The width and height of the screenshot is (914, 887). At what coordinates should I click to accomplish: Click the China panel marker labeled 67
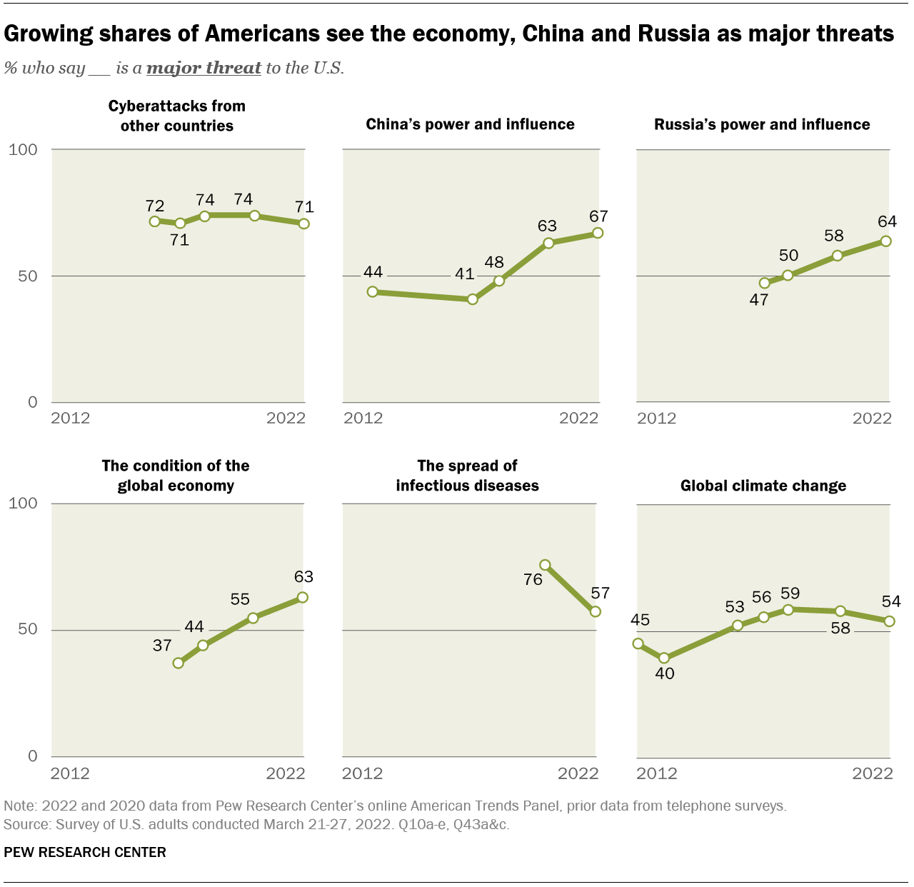click(598, 233)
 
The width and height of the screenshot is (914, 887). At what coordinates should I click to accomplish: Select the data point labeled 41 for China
click(472, 299)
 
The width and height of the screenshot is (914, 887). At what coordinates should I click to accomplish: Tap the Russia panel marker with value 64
click(886, 241)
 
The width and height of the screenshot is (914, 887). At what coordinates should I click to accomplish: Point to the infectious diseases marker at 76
click(545, 565)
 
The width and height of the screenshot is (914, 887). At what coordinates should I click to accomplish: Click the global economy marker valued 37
click(179, 663)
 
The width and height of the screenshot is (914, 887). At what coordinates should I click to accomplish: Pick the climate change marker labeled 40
click(664, 658)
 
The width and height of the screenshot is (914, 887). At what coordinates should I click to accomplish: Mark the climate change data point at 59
click(788, 610)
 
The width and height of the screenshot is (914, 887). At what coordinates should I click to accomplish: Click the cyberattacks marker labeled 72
click(154, 221)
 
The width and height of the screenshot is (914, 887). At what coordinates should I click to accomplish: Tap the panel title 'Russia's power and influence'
click(762, 124)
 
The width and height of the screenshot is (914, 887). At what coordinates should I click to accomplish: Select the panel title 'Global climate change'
click(763, 486)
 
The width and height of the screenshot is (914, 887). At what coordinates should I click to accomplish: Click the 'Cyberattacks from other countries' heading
click(177, 116)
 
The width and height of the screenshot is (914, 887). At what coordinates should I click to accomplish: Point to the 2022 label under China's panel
click(578, 418)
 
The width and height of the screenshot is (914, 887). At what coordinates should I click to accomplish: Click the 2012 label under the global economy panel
click(70, 773)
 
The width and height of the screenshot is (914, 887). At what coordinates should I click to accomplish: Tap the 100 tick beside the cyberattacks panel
click(23, 150)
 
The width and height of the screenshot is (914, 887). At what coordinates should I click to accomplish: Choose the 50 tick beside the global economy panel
click(27, 629)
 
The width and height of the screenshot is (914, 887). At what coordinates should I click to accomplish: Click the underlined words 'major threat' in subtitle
click(204, 68)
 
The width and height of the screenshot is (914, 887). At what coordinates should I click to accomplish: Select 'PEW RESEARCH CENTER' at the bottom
click(85, 852)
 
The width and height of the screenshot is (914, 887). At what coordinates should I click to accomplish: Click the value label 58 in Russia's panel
click(833, 236)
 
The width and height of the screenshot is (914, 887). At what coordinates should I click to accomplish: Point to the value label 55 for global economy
click(240, 599)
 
